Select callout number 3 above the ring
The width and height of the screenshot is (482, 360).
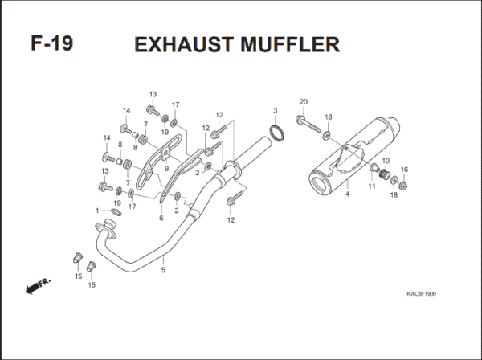point(275,110)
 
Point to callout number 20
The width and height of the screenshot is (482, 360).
point(303,101)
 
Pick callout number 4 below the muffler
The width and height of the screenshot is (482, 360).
point(347,194)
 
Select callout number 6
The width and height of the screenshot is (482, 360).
point(161,218)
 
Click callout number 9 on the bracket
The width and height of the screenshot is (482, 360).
point(165,168)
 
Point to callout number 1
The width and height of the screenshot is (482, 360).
point(97,211)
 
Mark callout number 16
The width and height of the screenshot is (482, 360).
point(404,170)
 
